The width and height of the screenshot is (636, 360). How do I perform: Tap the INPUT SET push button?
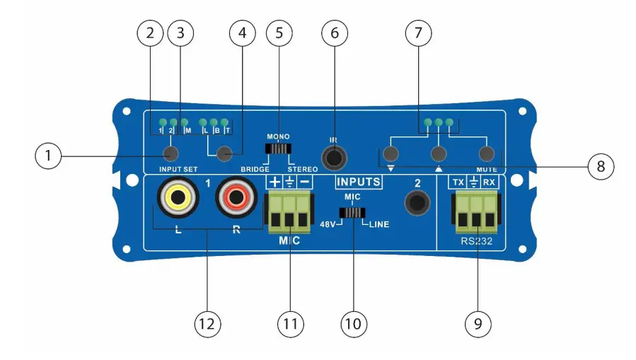(170, 153)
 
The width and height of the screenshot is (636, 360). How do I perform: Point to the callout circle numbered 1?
(48, 154)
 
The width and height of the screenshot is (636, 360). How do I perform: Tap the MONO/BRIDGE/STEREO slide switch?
(278, 149)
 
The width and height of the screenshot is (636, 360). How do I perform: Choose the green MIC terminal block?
(289, 213)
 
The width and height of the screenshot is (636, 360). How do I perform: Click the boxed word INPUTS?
(358, 182)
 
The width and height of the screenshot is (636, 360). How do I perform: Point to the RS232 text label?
(477, 243)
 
